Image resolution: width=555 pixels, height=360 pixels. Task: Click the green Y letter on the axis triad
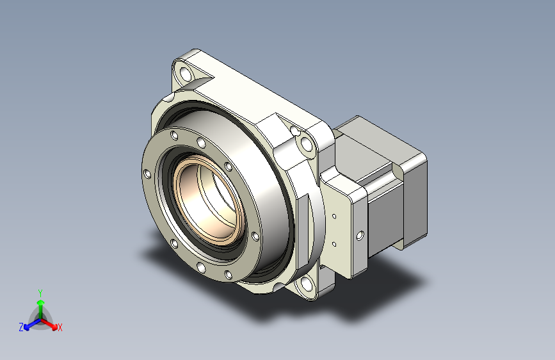pos(40,293)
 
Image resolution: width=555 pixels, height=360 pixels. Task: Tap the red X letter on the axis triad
pos(60,327)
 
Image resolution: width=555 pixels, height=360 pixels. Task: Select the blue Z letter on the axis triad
pos(21,327)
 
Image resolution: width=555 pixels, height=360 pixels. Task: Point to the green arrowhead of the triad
pos(41,302)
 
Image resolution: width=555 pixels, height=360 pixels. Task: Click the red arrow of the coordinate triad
pos(49,324)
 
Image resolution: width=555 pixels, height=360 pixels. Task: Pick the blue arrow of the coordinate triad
pos(32,324)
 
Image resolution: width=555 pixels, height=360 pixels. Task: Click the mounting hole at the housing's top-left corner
pos(186,74)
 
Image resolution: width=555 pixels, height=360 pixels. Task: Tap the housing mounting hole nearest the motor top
pos(306,144)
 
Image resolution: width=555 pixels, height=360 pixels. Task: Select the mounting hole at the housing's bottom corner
pos(305,284)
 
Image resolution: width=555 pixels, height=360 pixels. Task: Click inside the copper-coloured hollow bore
pos(207,200)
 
